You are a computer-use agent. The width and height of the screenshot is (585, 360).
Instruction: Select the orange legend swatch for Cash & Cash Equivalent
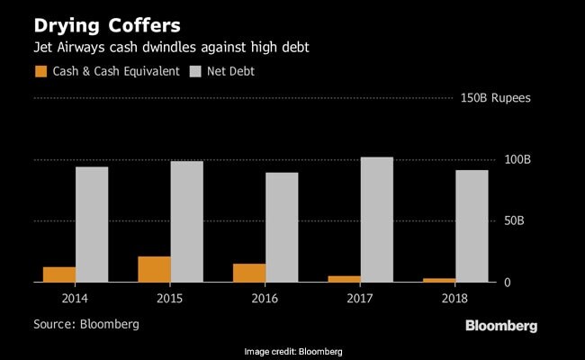40,69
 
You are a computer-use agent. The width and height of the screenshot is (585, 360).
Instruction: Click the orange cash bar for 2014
59,274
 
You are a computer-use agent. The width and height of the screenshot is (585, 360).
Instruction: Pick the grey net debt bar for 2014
92,224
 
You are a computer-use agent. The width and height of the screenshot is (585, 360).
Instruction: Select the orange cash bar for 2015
155,269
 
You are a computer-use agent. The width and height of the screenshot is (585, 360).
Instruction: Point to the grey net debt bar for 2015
186,221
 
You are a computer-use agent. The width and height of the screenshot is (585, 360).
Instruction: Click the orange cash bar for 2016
250,273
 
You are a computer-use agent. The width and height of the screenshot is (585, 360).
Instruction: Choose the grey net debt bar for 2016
282,227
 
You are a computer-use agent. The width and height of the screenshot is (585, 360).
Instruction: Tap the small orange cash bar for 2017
345,279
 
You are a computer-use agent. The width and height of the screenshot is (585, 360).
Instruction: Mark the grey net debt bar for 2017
377,220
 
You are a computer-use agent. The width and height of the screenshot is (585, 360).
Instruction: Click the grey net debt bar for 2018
472,226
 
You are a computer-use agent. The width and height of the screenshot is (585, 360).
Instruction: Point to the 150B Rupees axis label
495,98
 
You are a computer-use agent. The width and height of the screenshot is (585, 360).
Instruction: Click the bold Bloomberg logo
501,325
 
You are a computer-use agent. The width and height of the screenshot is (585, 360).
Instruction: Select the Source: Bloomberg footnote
86,322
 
